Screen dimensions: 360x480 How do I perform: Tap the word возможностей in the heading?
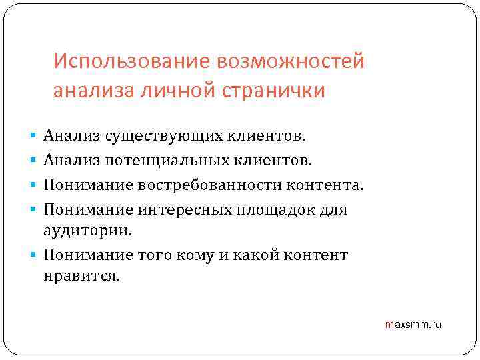click(290, 63)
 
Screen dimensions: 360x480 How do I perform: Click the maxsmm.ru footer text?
click(413, 325)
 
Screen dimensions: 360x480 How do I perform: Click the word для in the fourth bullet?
click(334, 209)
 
